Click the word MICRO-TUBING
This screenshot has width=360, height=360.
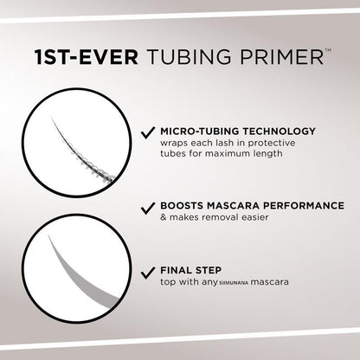tap(195, 132)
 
